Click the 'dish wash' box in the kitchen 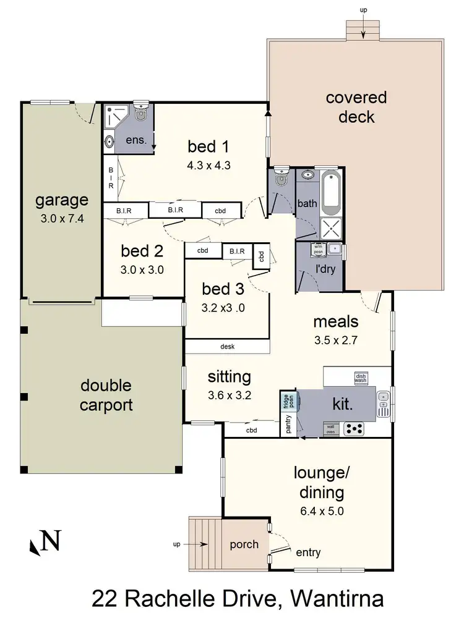click(x=361, y=377)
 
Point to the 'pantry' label click(x=288, y=425)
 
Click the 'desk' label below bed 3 click(x=227, y=347)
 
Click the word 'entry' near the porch click(x=309, y=552)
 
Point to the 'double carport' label click(x=106, y=396)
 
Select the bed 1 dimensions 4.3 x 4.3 click(x=208, y=165)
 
